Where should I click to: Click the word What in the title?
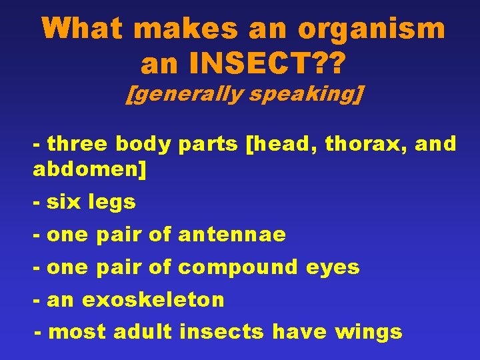[85, 29]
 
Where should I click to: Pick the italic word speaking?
[303, 94]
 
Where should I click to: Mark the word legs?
[113, 203]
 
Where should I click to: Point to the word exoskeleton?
[153, 299]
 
